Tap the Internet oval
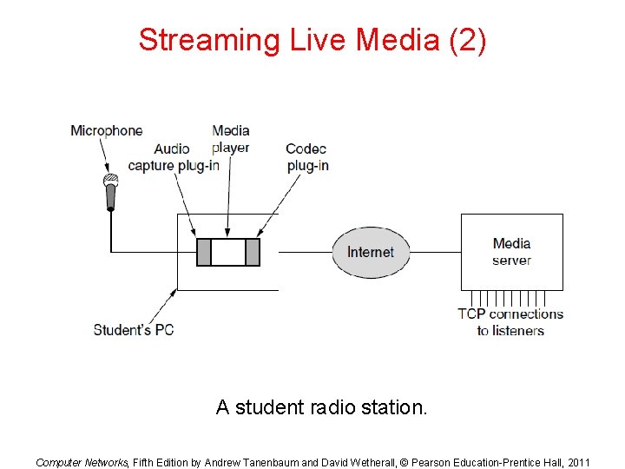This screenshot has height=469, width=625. (371, 252)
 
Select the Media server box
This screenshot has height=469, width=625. (511, 252)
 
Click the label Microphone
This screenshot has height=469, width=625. (106, 130)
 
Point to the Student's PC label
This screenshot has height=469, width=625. (134, 330)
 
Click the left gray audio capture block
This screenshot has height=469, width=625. (204, 252)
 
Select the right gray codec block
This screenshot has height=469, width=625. (253, 252)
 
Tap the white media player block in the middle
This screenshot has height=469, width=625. (228, 252)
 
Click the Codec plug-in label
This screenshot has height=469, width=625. (306, 157)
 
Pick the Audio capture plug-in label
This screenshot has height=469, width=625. (173, 157)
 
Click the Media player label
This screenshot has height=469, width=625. (231, 139)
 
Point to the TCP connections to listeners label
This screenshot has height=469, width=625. (510, 322)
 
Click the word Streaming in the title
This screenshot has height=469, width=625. (205, 40)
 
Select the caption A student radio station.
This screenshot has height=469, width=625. (322, 406)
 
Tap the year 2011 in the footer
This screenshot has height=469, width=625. (576, 462)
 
